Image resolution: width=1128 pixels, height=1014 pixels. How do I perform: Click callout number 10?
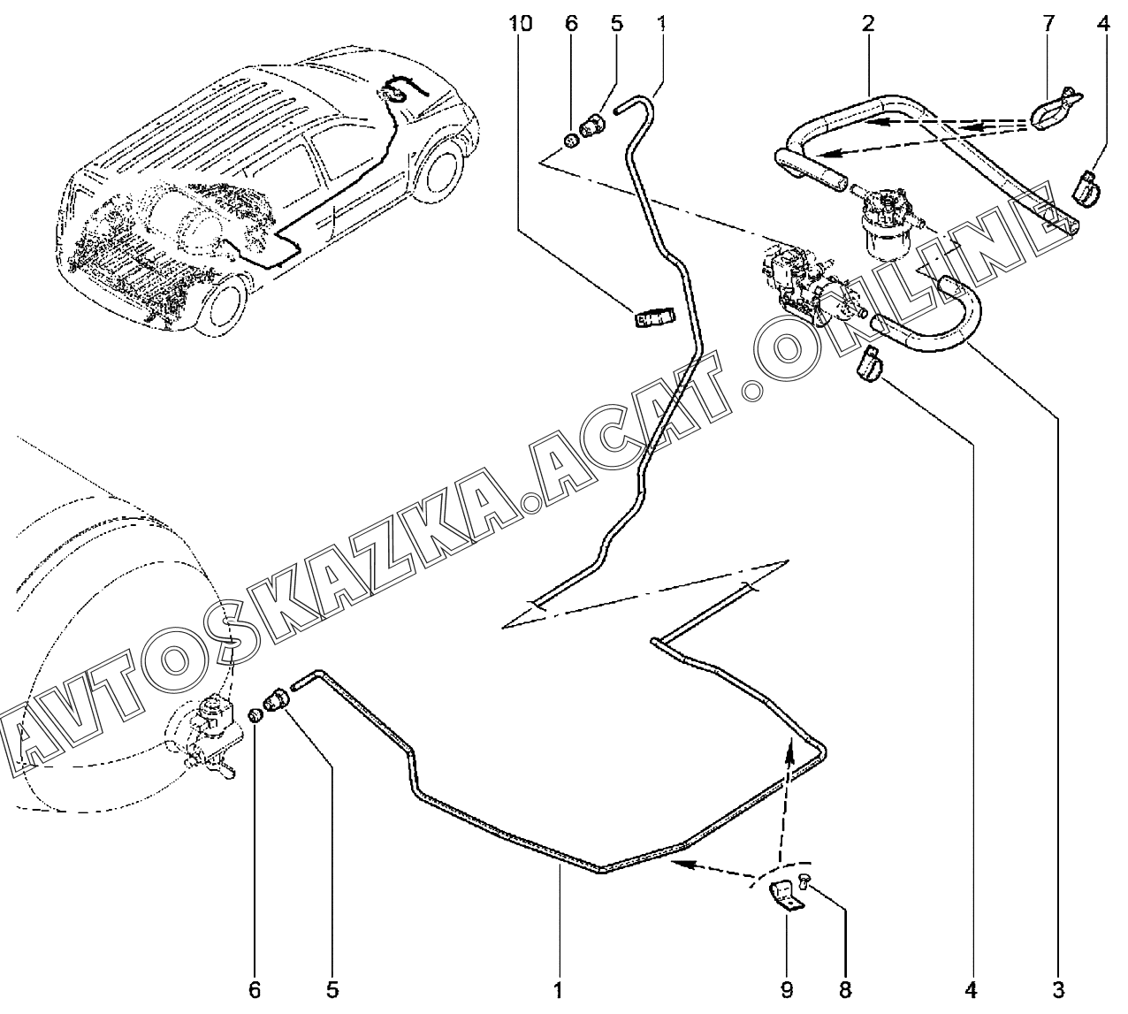coord(521,24)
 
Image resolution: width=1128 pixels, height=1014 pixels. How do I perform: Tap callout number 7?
coord(1048,24)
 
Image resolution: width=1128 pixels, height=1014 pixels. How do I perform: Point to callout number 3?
coord(1058,988)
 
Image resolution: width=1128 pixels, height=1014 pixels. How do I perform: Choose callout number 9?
coord(786,988)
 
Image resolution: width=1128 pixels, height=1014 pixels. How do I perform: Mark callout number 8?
coord(844,988)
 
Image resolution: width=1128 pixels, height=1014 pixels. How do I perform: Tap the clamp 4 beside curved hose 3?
coord(867,364)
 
